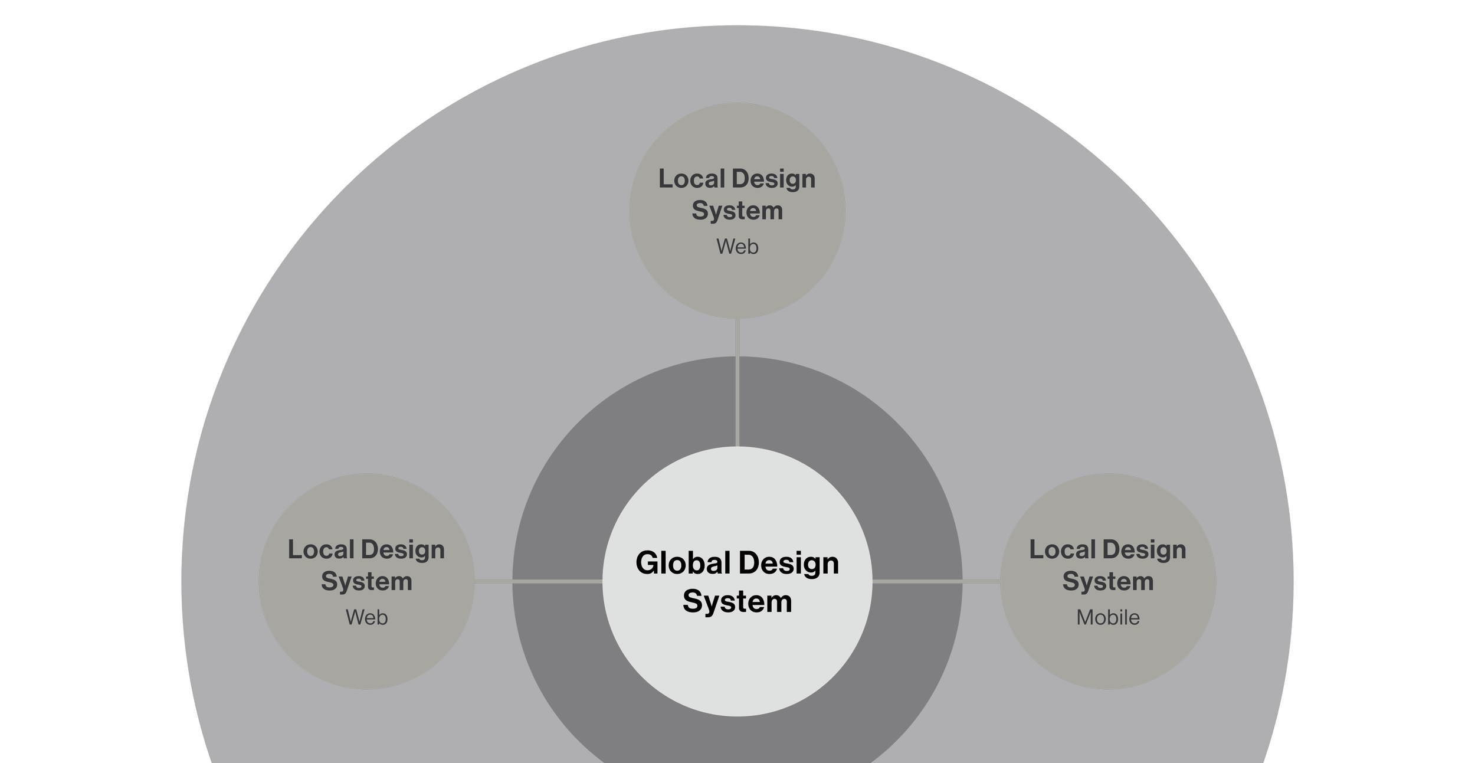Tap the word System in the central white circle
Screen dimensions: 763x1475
click(x=737, y=602)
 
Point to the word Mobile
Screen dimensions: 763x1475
click(x=1108, y=618)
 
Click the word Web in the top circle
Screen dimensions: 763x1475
click(x=737, y=247)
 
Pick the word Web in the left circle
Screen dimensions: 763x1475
click(x=366, y=618)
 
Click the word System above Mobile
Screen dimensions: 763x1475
click(x=1108, y=582)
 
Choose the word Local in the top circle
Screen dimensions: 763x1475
click(x=692, y=179)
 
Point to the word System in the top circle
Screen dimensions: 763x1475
click(x=737, y=211)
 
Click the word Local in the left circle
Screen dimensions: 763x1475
click(x=321, y=550)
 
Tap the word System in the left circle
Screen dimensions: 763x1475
click(x=366, y=582)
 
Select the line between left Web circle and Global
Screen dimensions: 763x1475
click(x=538, y=581)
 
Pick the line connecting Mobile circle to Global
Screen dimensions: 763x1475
click(x=936, y=581)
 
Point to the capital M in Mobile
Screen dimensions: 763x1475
click(x=1085, y=618)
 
